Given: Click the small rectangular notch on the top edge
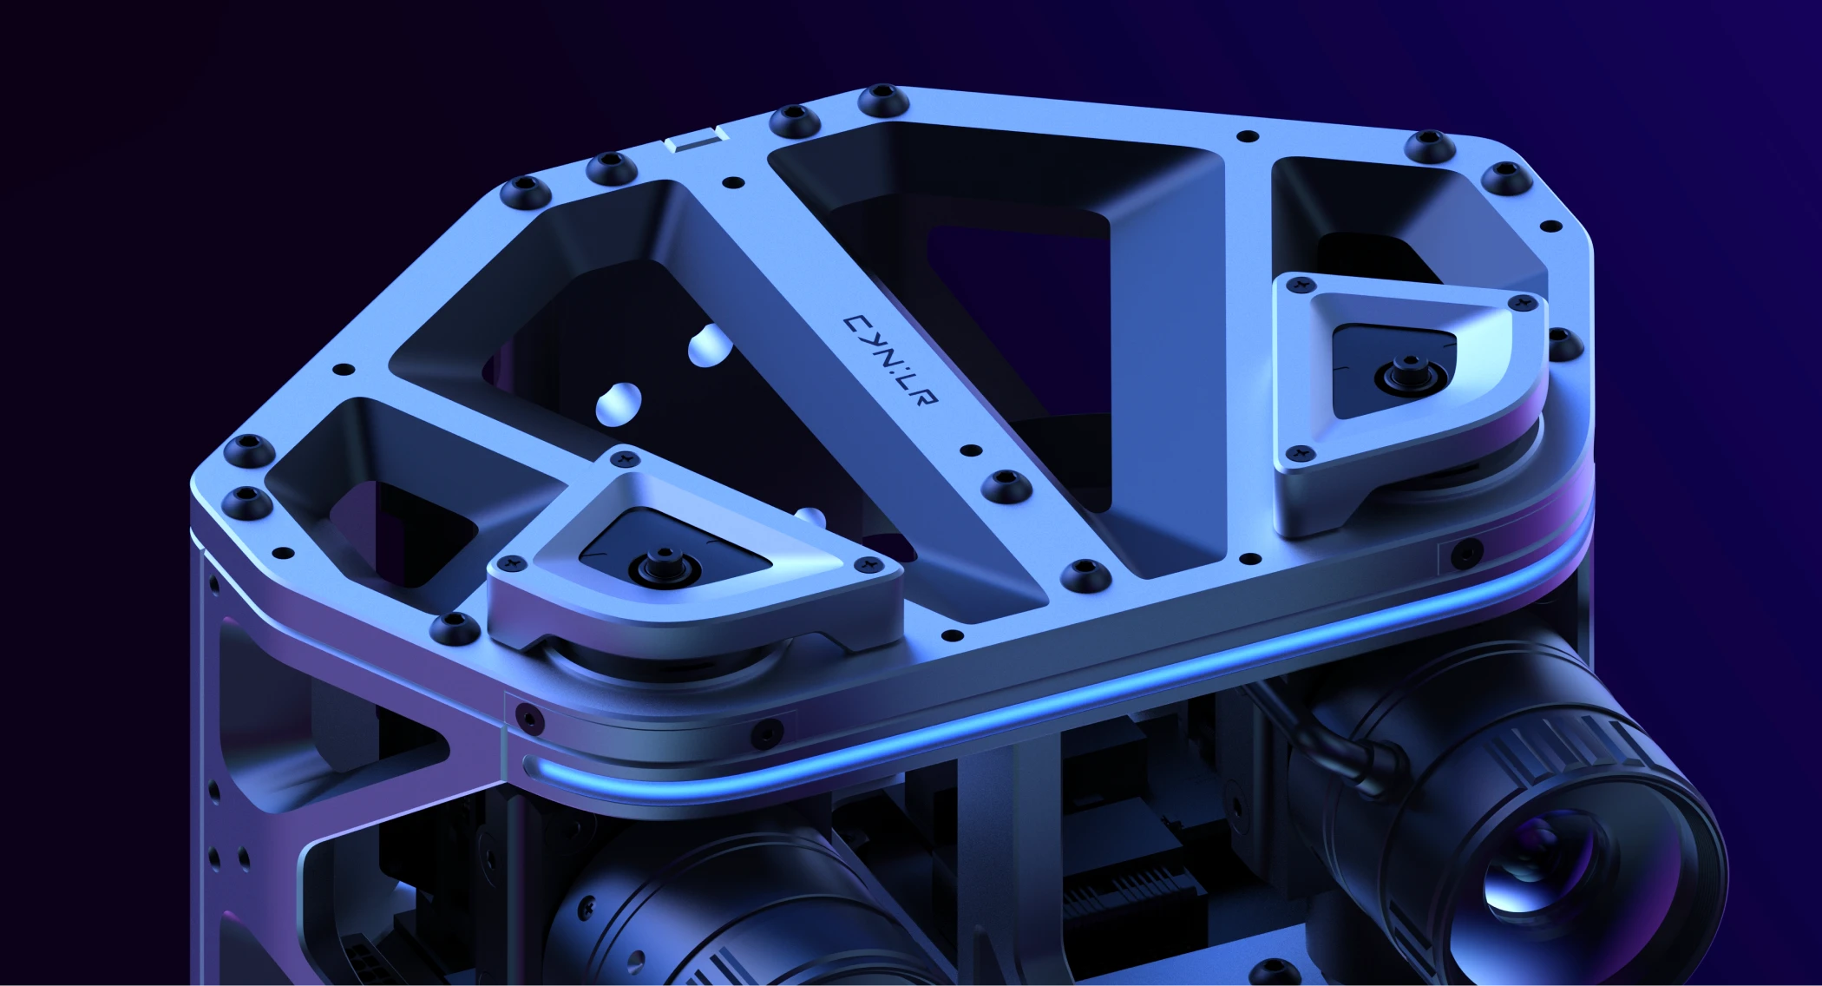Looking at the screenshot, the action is tap(694, 138).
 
